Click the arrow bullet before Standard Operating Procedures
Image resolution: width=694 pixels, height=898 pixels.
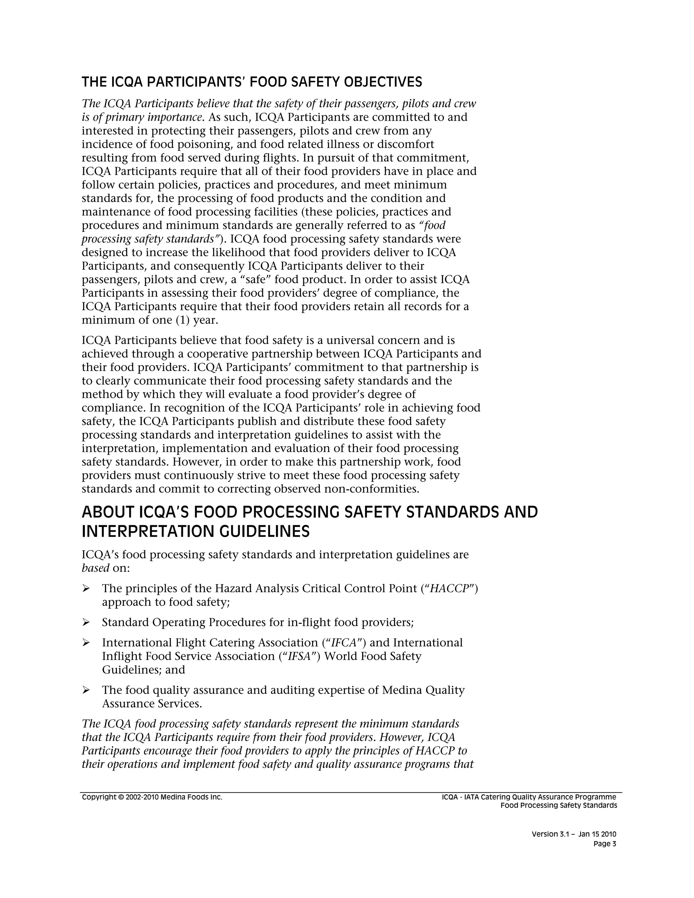(86, 623)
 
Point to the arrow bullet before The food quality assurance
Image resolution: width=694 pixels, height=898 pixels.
(86, 690)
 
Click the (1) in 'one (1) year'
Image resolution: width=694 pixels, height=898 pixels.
(182, 320)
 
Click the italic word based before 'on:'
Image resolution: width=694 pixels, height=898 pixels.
(95, 568)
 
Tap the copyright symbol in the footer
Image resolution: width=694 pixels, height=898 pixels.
(120, 797)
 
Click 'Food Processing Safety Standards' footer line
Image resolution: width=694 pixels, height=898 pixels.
(558, 805)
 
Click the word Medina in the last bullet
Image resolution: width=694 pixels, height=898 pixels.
(402, 690)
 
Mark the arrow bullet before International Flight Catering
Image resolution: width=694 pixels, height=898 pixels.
(86, 642)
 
